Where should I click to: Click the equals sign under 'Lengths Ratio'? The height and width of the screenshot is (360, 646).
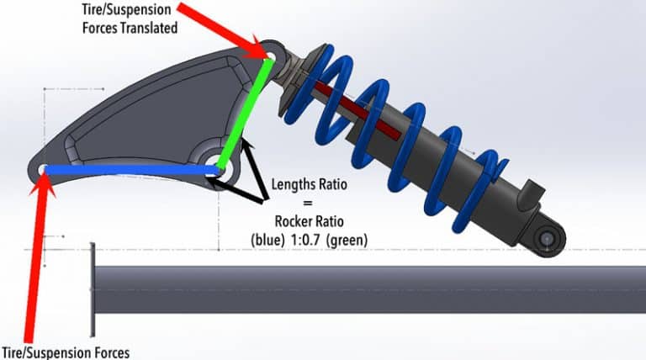coord(310,203)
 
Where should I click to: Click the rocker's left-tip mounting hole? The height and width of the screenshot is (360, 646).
coord(44,170)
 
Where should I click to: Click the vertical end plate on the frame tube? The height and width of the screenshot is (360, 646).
coord(93,289)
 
